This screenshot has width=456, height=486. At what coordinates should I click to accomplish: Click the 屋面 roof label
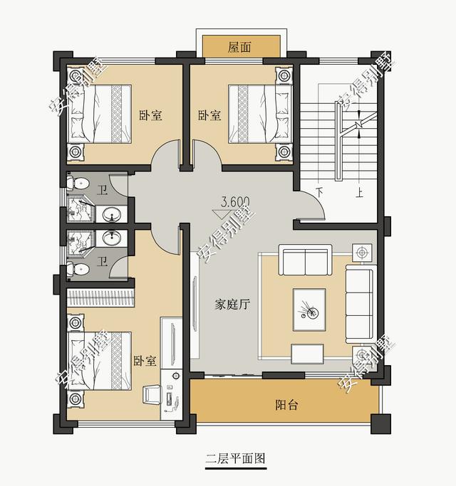239,47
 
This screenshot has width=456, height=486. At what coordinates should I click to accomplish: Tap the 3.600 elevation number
234,201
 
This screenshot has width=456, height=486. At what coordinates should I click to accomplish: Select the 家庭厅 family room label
232,305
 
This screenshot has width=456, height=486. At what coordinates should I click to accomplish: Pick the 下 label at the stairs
320,192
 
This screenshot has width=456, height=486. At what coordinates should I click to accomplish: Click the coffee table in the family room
309,310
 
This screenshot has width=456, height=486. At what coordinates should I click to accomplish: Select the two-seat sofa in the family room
305,260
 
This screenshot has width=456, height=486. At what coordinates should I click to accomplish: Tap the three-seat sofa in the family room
359,305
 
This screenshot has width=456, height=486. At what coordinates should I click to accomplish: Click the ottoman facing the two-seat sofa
307,352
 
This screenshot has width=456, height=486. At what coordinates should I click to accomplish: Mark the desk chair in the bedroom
152,393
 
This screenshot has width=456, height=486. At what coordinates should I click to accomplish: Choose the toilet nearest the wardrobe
81,268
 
